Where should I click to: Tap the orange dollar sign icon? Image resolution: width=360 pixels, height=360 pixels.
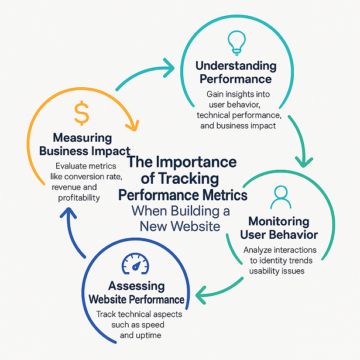[x=82, y=113]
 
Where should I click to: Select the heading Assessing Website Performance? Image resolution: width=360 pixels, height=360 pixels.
[x=136, y=292]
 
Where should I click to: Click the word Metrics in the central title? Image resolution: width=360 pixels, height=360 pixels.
[x=220, y=194]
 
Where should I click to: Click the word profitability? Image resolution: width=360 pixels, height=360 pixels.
[x=79, y=198]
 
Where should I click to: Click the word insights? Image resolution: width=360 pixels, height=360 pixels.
[x=239, y=94]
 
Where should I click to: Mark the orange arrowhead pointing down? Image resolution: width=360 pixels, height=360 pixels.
[x=134, y=125]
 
